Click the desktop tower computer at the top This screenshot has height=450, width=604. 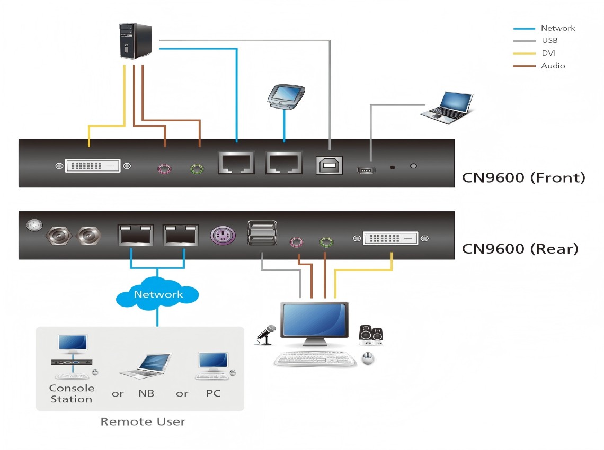(x=136, y=41)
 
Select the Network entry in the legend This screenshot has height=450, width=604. (x=557, y=28)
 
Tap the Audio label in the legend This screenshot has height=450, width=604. (x=553, y=66)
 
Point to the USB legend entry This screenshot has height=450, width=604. (x=549, y=40)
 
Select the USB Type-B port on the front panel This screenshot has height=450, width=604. (x=329, y=165)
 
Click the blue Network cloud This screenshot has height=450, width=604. (x=158, y=294)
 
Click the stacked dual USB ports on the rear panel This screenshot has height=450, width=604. (x=262, y=233)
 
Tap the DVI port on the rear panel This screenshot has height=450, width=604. (x=390, y=238)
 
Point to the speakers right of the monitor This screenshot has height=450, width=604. (x=371, y=335)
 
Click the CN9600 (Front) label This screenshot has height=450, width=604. (x=523, y=177)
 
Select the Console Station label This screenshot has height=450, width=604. (x=72, y=394)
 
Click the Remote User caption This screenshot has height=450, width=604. (x=143, y=421)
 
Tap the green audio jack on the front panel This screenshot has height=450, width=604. (x=197, y=169)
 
